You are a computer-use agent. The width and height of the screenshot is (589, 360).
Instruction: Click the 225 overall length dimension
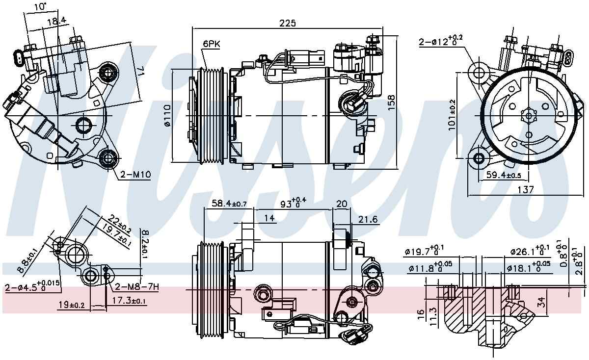[x=288, y=24]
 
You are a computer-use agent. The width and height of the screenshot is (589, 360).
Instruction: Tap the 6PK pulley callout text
[x=212, y=44]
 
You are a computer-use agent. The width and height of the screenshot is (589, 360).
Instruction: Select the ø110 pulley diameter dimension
[x=167, y=116]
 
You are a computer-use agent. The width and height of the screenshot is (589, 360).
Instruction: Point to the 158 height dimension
[x=391, y=102]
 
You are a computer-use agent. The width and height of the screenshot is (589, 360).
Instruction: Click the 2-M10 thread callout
[x=135, y=174]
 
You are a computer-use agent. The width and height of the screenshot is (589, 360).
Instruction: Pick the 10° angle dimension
[x=40, y=6]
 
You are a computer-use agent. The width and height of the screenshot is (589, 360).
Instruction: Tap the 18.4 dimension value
[x=56, y=21]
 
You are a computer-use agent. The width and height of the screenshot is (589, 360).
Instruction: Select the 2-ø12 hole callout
[x=441, y=41]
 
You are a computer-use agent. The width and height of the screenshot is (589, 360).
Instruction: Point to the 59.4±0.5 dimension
[x=504, y=175]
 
